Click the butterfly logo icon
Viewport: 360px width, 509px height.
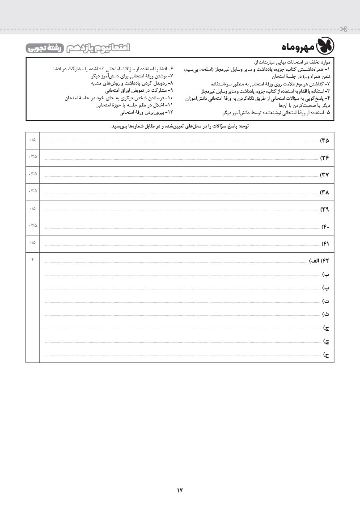pyautogui.click(x=325, y=47)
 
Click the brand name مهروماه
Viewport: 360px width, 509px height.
pyautogui.click(x=298, y=47)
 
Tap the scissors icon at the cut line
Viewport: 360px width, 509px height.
pyautogui.click(x=343, y=30)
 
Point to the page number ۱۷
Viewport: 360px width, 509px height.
pyautogui.click(x=180, y=490)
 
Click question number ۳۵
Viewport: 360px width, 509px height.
pyautogui.click(x=324, y=140)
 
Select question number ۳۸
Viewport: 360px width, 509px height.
pyautogui.click(x=324, y=192)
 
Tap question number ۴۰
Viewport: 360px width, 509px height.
pyautogui.click(x=325, y=226)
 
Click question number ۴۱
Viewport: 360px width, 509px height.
pyautogui.click(x=325, y=243)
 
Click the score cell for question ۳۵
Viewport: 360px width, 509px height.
pyautogui.click(x=33, y=140)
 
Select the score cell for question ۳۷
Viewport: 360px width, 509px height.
pyautogui.click(x=33, y=174)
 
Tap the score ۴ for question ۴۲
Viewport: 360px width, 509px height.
pyautogui.click(x=33, y=260)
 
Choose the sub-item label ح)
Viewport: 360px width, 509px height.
pyautogui.click(x=326, y=355)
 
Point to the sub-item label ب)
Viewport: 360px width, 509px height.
pyautogui.click(x=326, y=273)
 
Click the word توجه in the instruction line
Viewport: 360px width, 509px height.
pyautogui.click(x=245, y=126)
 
